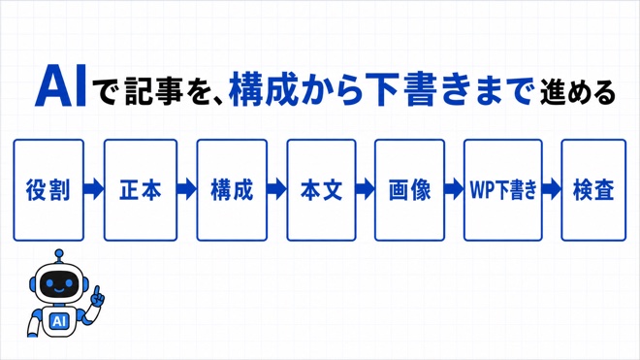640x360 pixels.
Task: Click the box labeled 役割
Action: (x=48, y=190)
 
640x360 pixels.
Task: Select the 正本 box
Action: (x=141, y=190)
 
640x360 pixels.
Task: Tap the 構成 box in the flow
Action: (x=232, y=190)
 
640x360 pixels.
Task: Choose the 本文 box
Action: (x=321, y=190)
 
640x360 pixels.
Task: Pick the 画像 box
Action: (x=409, y=190)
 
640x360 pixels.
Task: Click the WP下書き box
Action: (x=503, y=190)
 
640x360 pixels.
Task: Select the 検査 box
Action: (x=593, y=190)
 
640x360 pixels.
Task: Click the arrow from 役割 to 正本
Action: (x=94, y=189)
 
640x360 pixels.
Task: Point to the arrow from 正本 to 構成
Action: (x=187, y=189)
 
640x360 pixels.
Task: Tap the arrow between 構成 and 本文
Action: (x=276, y=189)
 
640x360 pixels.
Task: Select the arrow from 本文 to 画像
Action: (x=366, y=189)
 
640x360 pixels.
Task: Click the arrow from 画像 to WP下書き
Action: (x=454, y=189)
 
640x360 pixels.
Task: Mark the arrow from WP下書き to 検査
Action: (x=552, y=189)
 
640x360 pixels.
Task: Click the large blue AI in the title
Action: (x=61, y=85)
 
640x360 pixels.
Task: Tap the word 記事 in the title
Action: (x=154, y=90)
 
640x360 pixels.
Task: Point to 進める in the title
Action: (x=578, y=93)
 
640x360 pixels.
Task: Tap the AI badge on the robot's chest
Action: (x=59, y=321)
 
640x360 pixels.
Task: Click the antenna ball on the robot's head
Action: (x=59, y=254)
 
